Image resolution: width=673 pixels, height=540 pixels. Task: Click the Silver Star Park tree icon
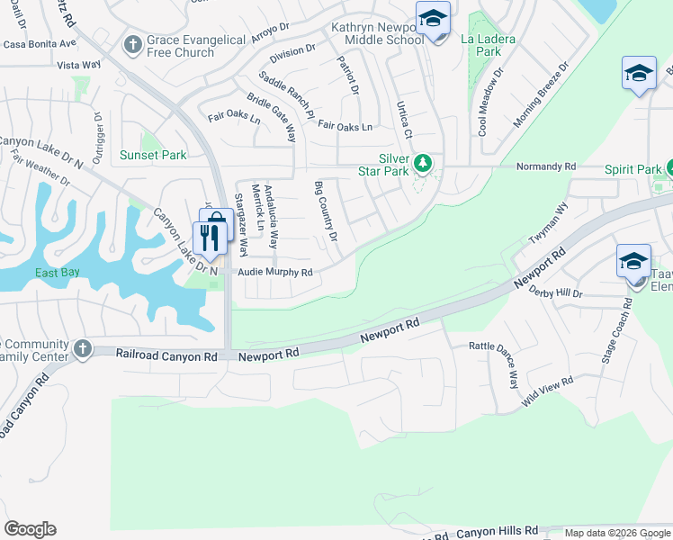pyautogui.click(x=424, y=164)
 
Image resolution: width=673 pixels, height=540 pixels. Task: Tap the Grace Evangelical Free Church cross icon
pyautogui.click(x=133, y=44)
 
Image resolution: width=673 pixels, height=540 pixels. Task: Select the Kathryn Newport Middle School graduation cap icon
pyautogui.click(x=433, y=18)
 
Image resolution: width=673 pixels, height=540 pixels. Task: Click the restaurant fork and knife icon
pyautogui.click(x=208, y=238)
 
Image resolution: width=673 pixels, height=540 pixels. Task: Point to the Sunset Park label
pyautogui.click(x=154, y=155)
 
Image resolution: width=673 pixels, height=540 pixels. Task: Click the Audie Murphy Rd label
pyautogui.click(x=274, y=272)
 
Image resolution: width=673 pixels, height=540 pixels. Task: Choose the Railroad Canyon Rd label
pyautogui.click(x=167, y=355)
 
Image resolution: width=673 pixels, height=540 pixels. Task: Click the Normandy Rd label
pyautogui.click(x=546, y=166)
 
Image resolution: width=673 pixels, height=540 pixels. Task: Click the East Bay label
pyautogui.click(x=58, y=273)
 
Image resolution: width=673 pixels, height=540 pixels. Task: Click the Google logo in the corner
pyautogui.click(x=30, y=529)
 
